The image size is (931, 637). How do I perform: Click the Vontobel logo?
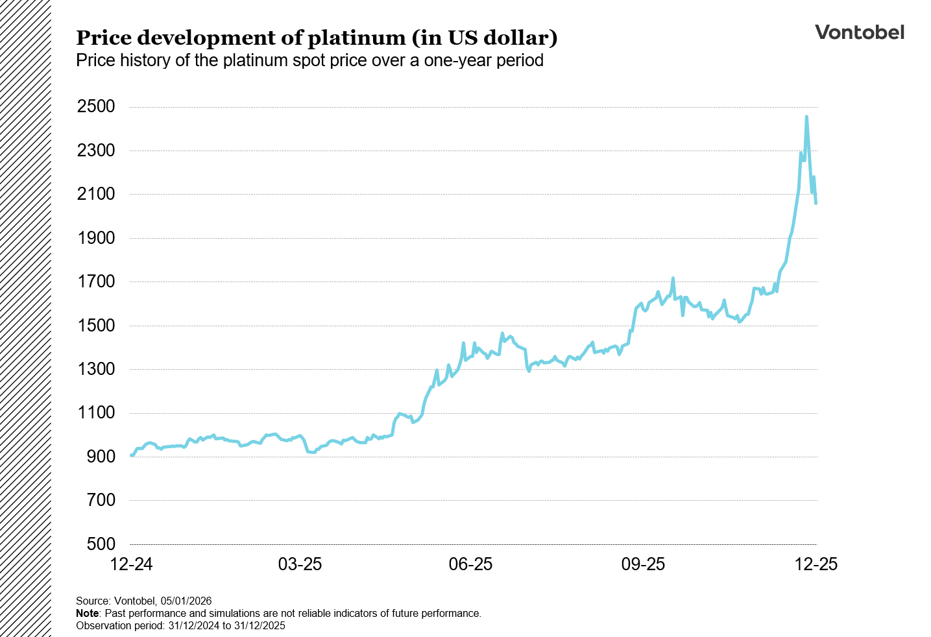(x=859, y=32)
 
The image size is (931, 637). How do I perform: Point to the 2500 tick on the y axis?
(x=96, y=107)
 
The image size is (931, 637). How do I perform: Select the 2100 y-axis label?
(x=96, y=194)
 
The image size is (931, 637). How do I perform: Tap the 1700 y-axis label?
(x=96, y=282)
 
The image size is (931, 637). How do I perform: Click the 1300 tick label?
(x=96, y=369)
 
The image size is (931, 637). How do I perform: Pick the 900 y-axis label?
(x=101, y=457)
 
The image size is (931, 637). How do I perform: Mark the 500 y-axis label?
(x=101, y=544)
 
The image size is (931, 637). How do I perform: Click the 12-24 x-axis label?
(x=132, y=564)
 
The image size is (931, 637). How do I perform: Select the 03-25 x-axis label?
(x=300, y=564)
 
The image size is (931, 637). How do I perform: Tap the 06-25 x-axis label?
(x=471, y=564)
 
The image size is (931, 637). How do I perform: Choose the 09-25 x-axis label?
(x=643, y=564)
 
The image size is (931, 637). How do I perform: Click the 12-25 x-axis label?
(x=816, y=564)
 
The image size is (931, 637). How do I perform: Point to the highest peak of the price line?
(x=806, y=117)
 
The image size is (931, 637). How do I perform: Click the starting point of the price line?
(x=132, y=455)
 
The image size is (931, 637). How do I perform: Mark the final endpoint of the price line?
(x=816, y=203)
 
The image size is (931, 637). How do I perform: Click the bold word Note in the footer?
(x=87, y=613)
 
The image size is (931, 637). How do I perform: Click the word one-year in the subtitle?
(x=457, y=60)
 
